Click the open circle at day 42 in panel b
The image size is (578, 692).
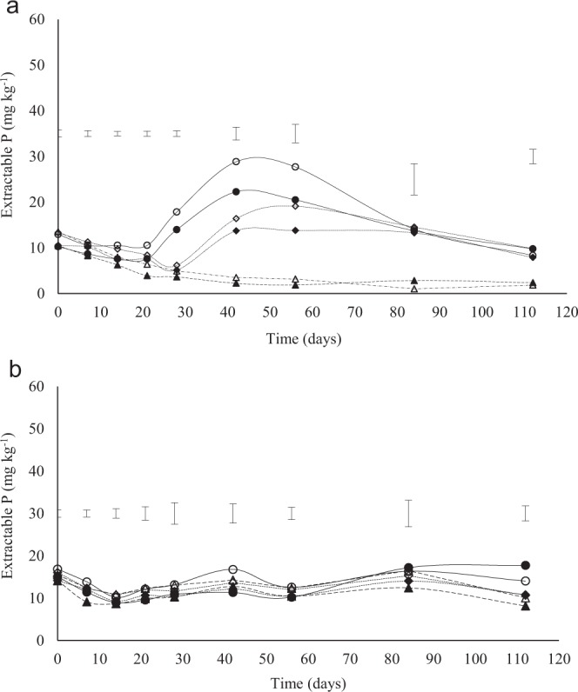pyautogui.click(x=232, y=569)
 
